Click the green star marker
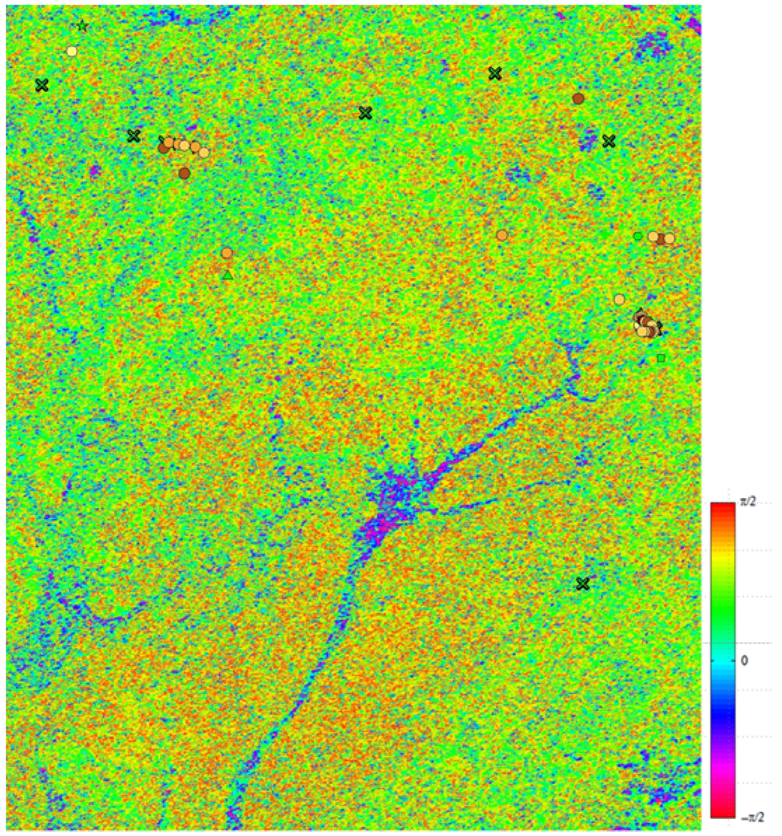tap(83, 26)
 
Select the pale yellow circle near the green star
tap(72, 51)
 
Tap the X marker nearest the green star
tap(42, 85)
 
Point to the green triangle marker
tap(228, 275)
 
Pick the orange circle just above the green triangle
tap(226, 253)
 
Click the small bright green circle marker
tap(638, 236)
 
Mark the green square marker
tap(661, 358)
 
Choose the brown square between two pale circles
tap(661, 239)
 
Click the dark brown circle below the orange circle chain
tap(184, 173)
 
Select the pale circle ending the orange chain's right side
tap(204, 152)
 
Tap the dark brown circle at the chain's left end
tap(163, 148)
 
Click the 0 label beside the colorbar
tap(744, 661)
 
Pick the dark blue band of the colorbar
tap(723, 714)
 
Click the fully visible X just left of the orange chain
tap(134, 136)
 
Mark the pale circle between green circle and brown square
tap(653, 237)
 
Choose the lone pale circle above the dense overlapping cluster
tap(619, 299)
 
